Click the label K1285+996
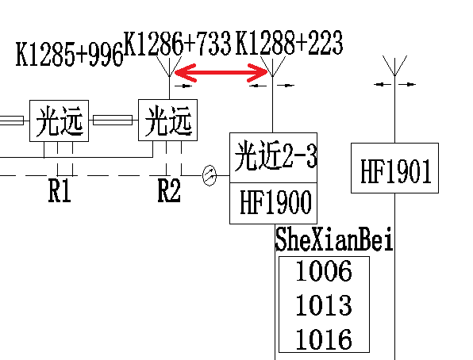(x=69, y=54)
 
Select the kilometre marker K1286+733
(x=178, y=43)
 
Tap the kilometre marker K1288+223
(x=289, y=43)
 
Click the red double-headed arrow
(x=221, y=73)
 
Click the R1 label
(x=60, y=190)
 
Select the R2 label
(x=169, y=190)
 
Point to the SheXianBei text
(x=334, y=239)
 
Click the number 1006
(x=324, y=270)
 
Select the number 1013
(x=324, y=304)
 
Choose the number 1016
(x=324, y=339)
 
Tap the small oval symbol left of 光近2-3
(x=210, y=175)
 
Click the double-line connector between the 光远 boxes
(x=113, y=120)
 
